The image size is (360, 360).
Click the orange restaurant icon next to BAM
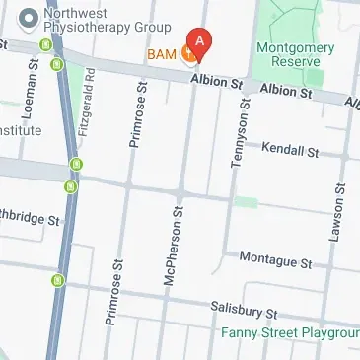point(185,53)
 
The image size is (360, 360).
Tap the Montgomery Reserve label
point(290,54)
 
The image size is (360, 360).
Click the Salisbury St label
point(245,311)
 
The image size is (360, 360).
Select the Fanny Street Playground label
point(290,333)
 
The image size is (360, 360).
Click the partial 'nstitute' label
point(21,130)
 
